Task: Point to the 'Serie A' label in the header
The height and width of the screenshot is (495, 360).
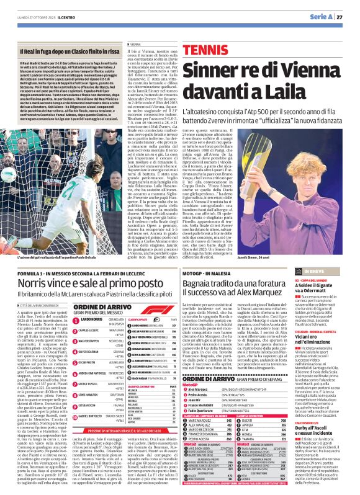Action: pyautogui.click(x=315, y=17)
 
